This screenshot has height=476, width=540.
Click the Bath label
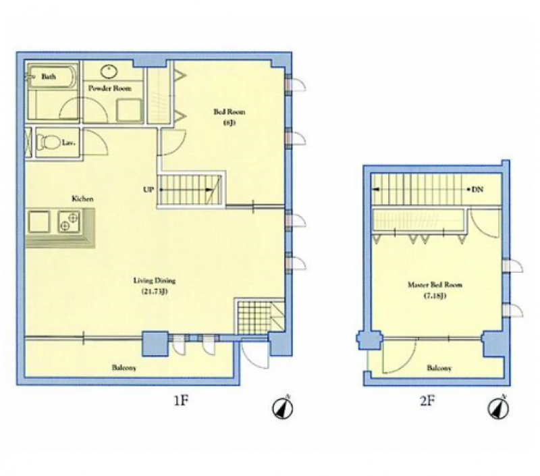click(x=49, y=76)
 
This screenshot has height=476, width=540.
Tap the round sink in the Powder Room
click(x=109, y=72)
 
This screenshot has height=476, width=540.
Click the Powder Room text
click(x=109, y=88)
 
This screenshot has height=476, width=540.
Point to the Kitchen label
click(x=82, y=199)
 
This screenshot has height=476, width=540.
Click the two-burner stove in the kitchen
click(x=70, y=221)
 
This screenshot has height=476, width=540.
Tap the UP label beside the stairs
click(x=148, y=190)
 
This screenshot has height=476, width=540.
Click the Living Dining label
click(x=155, y=281)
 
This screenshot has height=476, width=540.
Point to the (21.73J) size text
click(x=155, y=292)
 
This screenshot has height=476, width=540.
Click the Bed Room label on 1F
click(x=230, y=111)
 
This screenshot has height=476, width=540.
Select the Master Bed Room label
click(x=435, y=285)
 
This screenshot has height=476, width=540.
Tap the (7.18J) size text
click(x=435, y=296)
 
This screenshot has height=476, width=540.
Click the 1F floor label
click(x=181, y=400)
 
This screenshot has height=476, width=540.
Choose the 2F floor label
click(x=427, y=400)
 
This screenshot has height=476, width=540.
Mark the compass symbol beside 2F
click(x=499, y=408)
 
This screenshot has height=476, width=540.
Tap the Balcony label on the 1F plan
click(x=124, y=368)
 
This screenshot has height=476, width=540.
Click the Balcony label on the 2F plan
click(x=439, y=368)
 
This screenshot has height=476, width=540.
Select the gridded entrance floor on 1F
click(x=254, y=317)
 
